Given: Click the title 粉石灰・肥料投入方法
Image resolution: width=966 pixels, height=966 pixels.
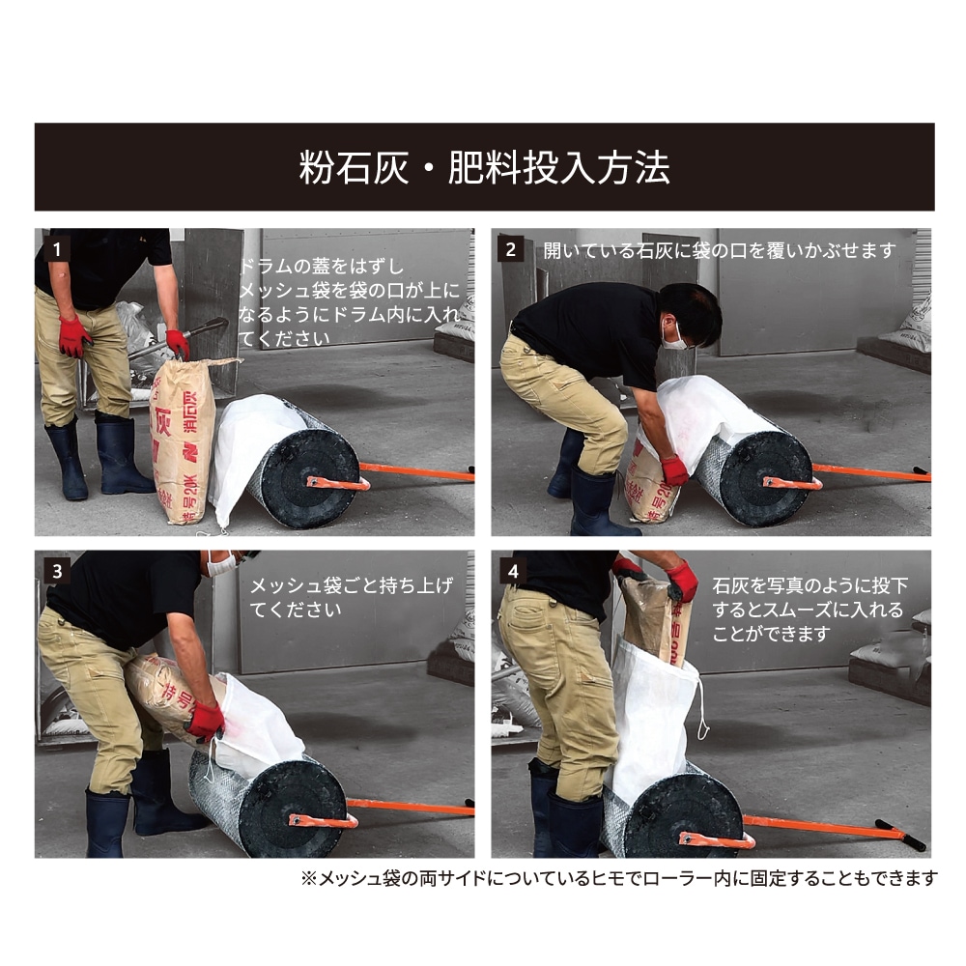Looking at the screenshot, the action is pos(484,167).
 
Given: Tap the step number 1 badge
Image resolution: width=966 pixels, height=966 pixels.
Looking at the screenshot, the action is pos(57,249).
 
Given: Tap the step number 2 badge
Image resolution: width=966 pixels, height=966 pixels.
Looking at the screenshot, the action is pos(511,249).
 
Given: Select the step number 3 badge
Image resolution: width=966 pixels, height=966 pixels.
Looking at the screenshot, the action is pos(57,571).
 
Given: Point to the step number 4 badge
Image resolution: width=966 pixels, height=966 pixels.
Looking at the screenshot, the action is pos(513,571).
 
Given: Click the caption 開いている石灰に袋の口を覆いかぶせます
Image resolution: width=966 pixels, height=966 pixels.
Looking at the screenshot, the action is pos(720,251).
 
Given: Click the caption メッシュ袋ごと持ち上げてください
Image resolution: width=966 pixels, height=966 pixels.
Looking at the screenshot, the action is pos(352,597).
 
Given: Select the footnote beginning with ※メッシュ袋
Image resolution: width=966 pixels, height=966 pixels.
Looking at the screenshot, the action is pos(619,878).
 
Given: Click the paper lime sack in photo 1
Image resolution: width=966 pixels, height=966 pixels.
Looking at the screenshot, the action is pos(183,441).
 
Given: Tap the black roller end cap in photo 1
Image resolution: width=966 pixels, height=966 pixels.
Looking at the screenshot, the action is pos(310,479).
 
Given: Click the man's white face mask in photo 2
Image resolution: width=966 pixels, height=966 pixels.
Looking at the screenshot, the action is pos(673,336).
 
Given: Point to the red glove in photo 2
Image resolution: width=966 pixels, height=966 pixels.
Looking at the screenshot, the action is pos(673,470).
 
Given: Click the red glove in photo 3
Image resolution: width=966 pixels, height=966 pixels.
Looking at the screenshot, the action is pos(205,721).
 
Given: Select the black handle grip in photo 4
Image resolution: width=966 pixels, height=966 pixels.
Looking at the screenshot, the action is pos(900,835).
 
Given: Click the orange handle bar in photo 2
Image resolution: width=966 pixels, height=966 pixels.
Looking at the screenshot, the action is pos(871,473).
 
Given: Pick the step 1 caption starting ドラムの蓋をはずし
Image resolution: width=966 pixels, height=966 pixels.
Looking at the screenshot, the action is pos(350,301).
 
